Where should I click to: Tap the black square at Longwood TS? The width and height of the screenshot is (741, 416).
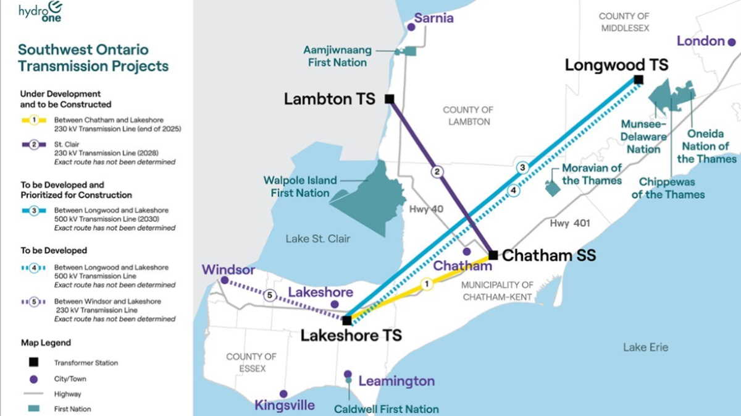[x=638, y=79]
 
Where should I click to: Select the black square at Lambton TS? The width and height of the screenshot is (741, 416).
[x=389, y=99]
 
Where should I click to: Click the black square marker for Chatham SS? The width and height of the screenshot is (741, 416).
[x=493, y=255]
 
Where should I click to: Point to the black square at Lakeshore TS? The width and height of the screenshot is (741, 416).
[x=347, y=320]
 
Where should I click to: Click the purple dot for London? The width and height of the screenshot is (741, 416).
[x=732, y=42]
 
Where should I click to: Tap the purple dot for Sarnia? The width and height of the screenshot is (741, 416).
[x=411, y=27]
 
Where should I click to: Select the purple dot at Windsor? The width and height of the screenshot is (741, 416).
[x=225, y=281]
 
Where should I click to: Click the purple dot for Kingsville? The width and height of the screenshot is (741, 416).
[x=283, y=394]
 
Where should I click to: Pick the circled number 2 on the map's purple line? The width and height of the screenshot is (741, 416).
[x=438, y=172]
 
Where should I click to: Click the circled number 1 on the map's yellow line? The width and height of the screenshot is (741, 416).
[x=425, y=284]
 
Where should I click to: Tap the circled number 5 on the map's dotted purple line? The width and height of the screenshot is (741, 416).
[x=269, y=295]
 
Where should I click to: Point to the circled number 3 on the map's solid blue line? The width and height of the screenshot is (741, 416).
[x=522, y=168]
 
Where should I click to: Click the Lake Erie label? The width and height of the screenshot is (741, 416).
[x=645, y=347]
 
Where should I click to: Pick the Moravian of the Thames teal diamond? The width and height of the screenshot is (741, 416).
[x=552, y=188]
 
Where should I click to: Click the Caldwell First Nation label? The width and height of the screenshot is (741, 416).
[x=386, y=409]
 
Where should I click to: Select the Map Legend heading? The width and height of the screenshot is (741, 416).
[x=46, y=342]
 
